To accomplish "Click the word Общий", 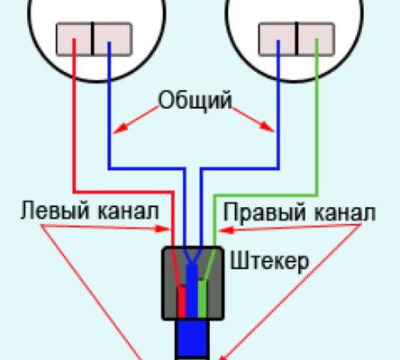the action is tap(195, 101).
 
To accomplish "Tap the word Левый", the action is tap(55, 211).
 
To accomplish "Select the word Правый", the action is tap(266, 211).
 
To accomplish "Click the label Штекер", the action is tap(269, 262).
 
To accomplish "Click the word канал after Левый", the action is tap(128, 211).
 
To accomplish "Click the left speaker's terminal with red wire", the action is tap(74, 39).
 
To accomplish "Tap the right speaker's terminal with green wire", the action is tap(316, 39).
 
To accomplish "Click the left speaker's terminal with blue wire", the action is tap(113, 39).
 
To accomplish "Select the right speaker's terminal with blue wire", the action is tap(277, 39).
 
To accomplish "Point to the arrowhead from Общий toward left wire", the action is tap(120, 128).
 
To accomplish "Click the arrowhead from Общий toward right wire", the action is tap(268, 127).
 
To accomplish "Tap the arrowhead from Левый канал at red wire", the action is tap(163, 229).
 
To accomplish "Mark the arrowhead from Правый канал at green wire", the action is tap(226, 230).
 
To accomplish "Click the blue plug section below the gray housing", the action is tap(192, 338).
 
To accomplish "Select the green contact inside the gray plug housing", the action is tap(202, 299).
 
